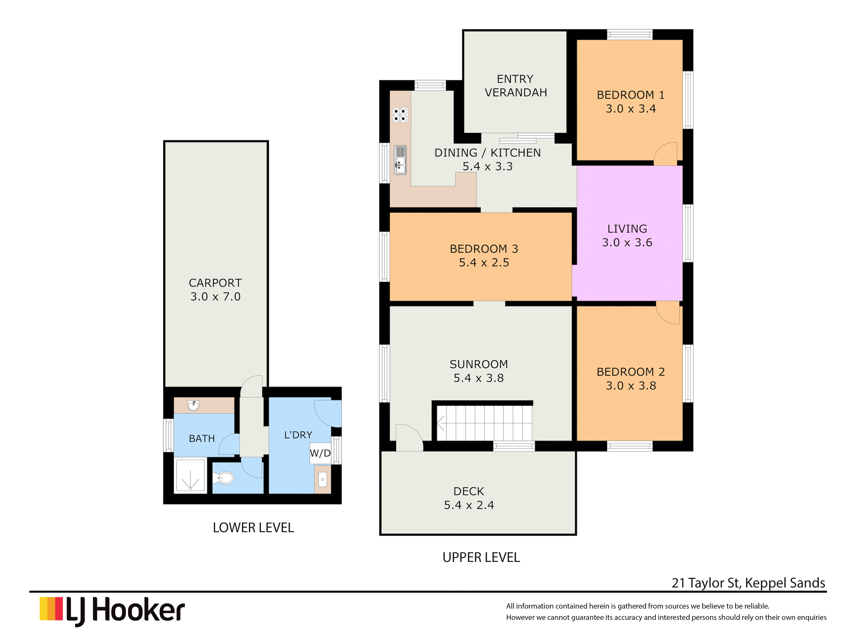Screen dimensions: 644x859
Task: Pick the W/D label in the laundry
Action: tap(320, 453)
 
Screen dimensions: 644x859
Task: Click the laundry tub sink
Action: tap(322, 480)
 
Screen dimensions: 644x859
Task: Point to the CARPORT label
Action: tap(215, 283)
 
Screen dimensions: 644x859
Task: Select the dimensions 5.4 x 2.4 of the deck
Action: tap(469, 505)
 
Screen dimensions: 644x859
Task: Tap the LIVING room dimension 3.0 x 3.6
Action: tap(627, 243)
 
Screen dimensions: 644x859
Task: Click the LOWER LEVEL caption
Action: tap(253, 528)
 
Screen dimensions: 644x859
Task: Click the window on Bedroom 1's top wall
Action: tap(630, 35)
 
